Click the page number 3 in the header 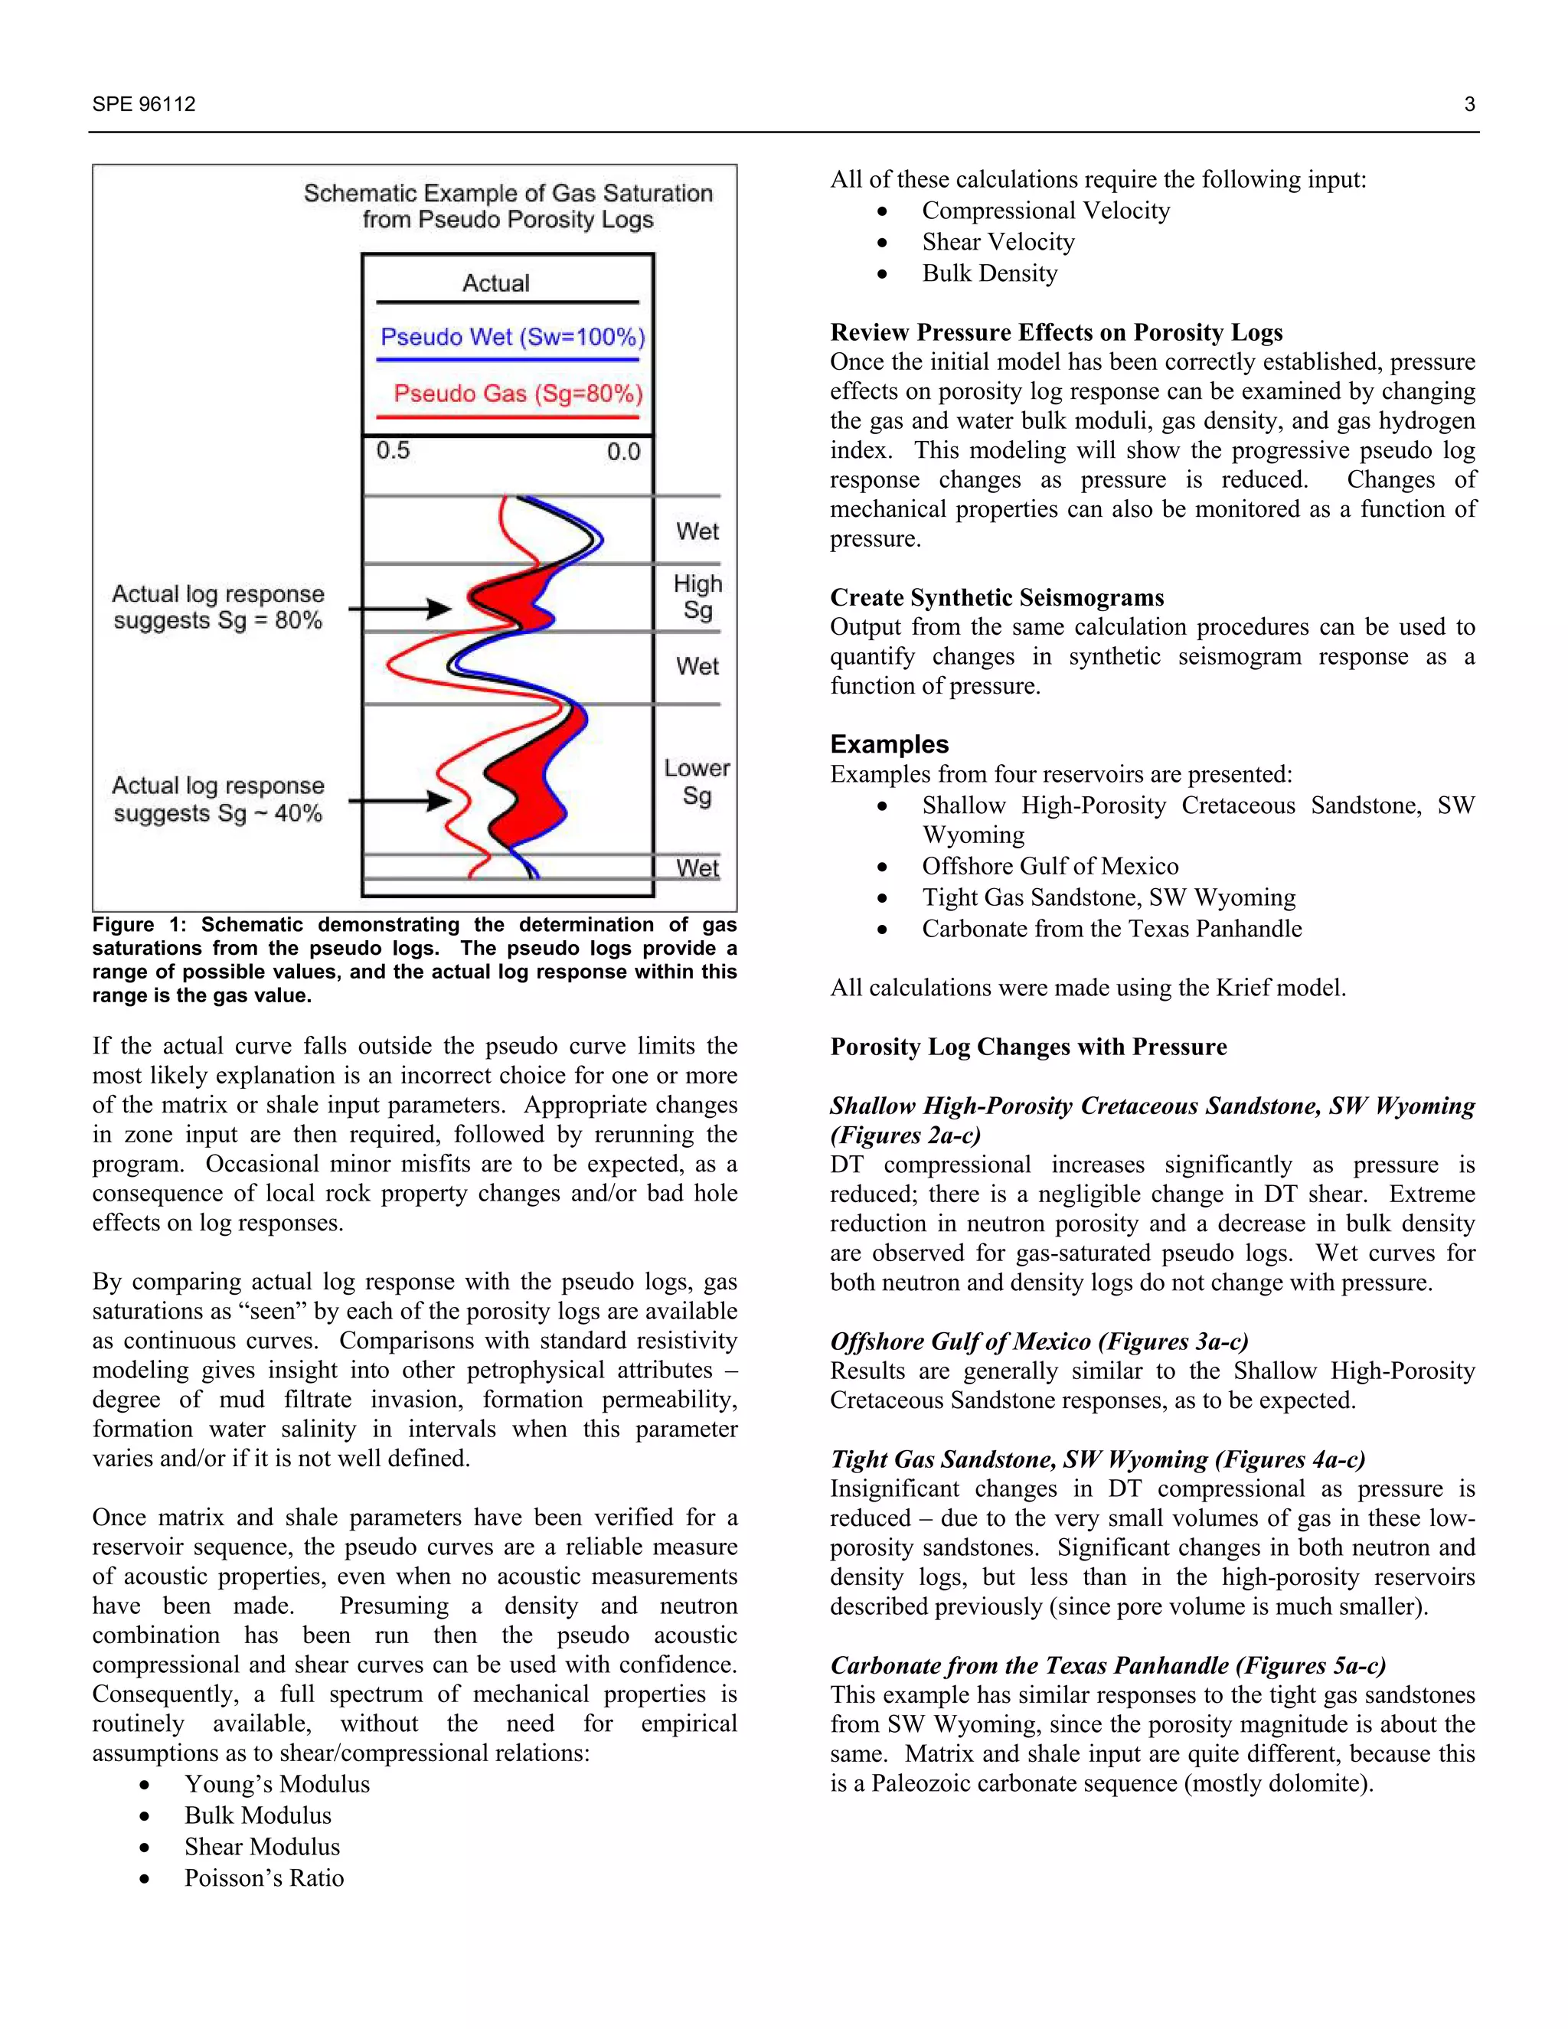click(x=1468, y=104)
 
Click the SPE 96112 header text click(x=144, y=104)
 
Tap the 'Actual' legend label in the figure click(x=496, y=283)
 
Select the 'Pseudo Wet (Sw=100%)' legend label click(x=512, y=336)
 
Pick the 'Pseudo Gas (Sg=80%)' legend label click(x=518, y=393)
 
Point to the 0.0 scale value click(x=623, y=452)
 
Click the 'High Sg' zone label click(x=697, y=596)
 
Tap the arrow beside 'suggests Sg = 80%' click(x=400, y=609)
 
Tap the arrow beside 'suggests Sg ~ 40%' click(x=400, y=800)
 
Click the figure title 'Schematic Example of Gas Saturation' click(x=508, y=193)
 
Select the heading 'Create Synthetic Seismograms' click(x=997, y=597)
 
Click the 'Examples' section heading click(x=889, y=744)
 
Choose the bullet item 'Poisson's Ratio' click(x=264, y=1877)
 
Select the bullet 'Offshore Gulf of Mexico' click(x=1050, y=866)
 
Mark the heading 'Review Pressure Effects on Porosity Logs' click(x=1056, y=332)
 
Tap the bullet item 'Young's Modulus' click(x=277, y=1784)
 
